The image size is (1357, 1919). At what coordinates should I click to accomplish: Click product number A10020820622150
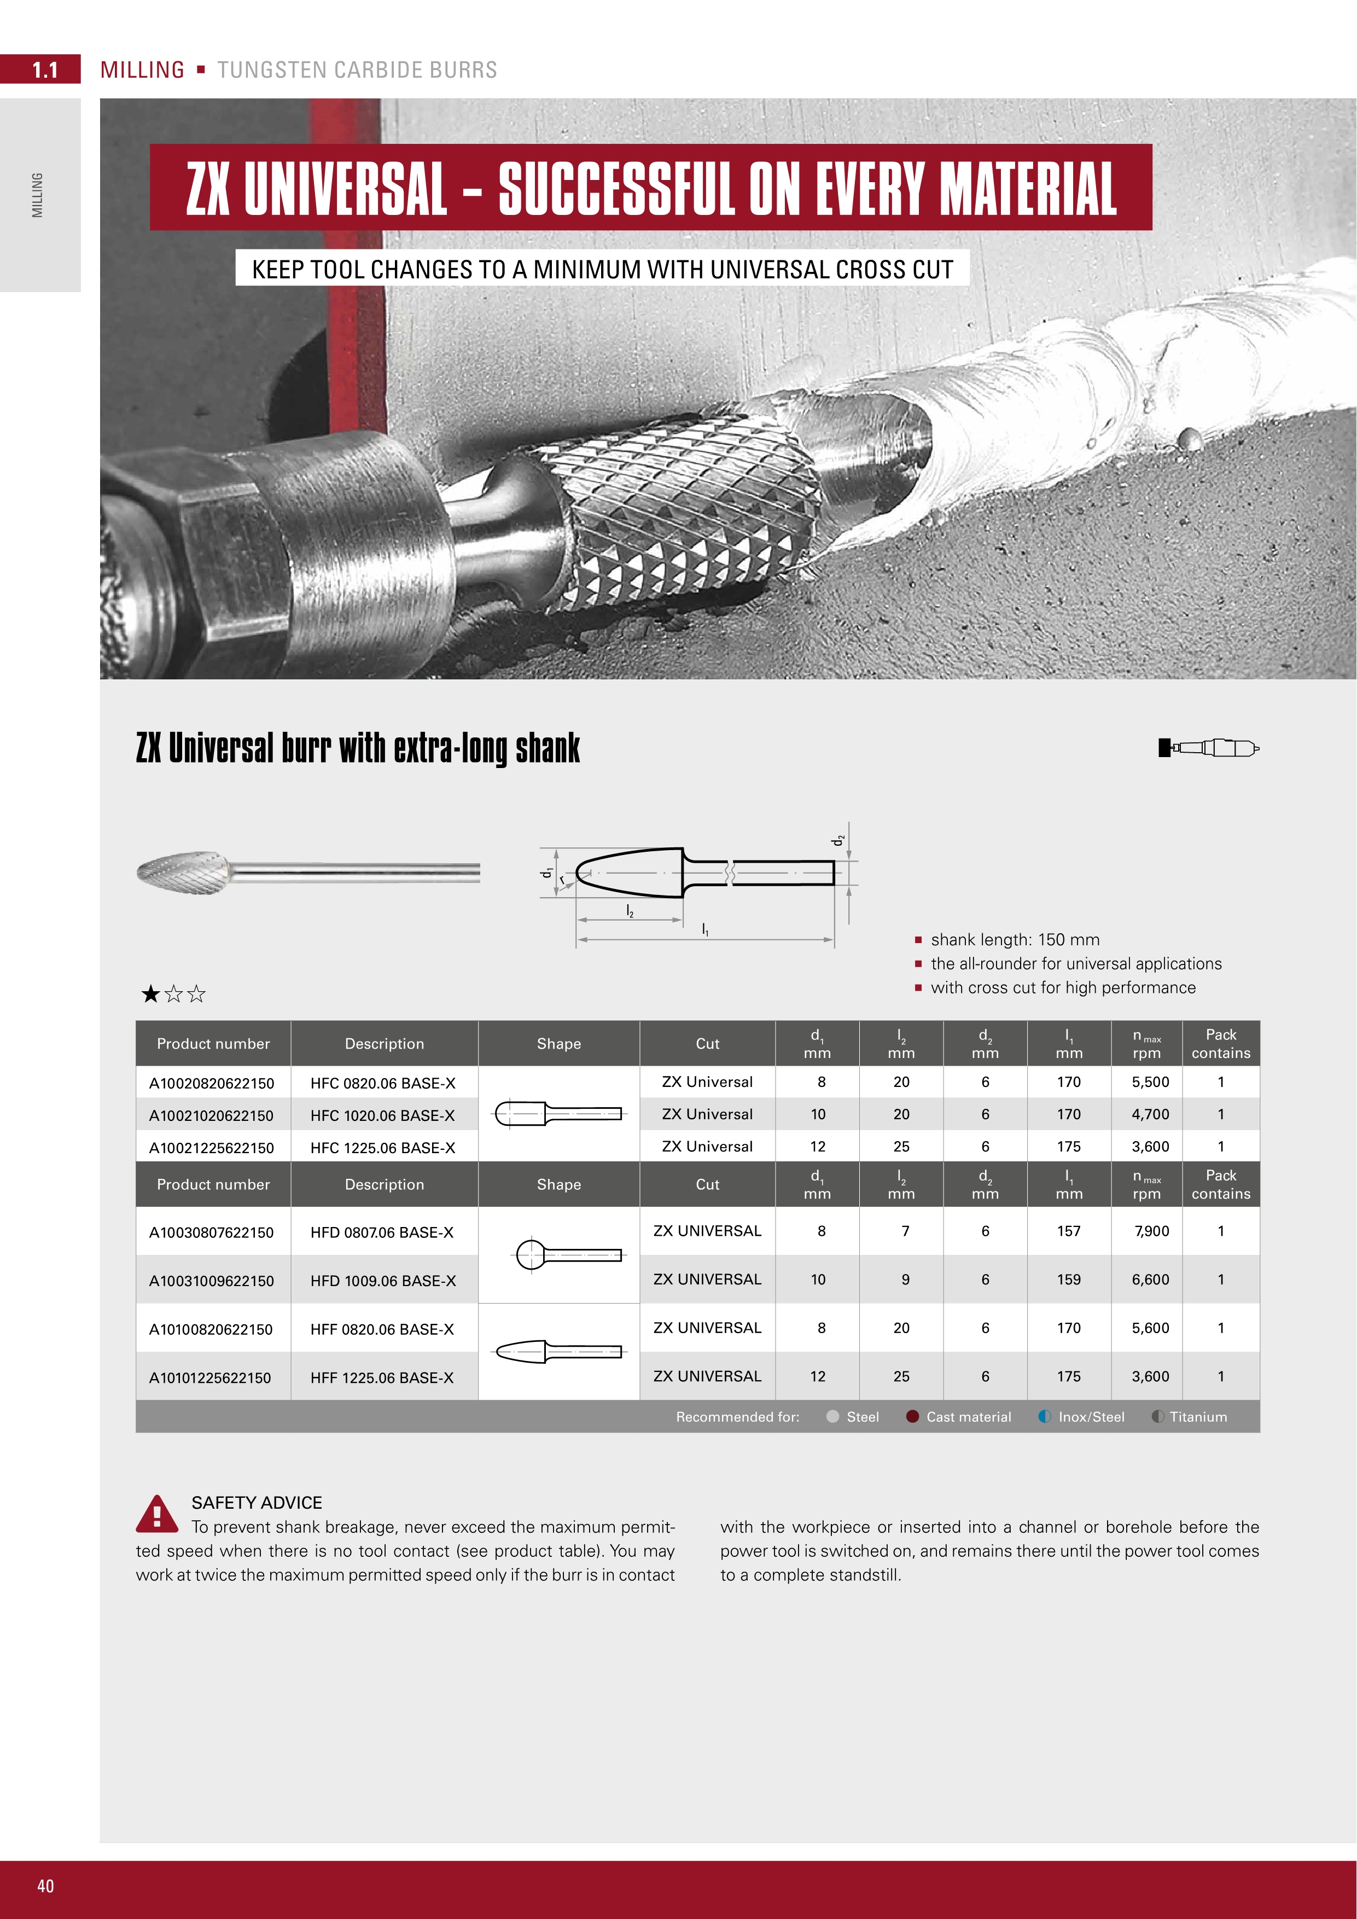coord(212,1083)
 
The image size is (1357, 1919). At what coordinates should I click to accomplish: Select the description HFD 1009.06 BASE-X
coord(383,1281)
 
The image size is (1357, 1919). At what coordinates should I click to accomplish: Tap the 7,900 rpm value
coord(1151,1231)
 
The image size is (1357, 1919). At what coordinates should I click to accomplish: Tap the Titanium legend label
coord(1198,1417)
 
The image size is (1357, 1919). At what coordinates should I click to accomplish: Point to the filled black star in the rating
coord(150,994)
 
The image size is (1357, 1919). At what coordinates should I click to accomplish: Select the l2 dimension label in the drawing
coord(630,910)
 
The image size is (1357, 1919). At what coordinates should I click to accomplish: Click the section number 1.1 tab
coord(44,70)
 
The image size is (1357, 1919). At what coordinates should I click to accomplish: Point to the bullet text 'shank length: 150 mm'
coord(1015,939)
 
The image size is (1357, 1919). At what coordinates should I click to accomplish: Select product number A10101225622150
coord(209,1378)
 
